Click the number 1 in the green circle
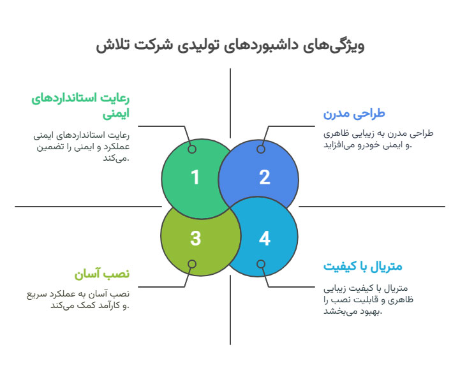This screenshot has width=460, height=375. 195,177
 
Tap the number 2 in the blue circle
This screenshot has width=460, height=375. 265,177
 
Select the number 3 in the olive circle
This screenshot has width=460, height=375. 195,238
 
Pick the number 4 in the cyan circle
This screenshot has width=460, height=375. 265,238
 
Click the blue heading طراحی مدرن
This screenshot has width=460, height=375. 354,114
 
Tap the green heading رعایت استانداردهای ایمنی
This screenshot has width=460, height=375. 80,106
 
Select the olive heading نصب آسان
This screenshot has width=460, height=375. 102,274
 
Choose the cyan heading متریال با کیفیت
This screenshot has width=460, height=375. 362,266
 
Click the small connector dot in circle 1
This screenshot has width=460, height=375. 192,149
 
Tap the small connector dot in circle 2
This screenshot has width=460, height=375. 261,149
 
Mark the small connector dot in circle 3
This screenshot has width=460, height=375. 192,264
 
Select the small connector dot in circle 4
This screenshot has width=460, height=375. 261,264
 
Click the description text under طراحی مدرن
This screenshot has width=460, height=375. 378,139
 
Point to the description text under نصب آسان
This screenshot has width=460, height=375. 78,300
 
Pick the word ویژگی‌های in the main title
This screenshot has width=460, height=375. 333,47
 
